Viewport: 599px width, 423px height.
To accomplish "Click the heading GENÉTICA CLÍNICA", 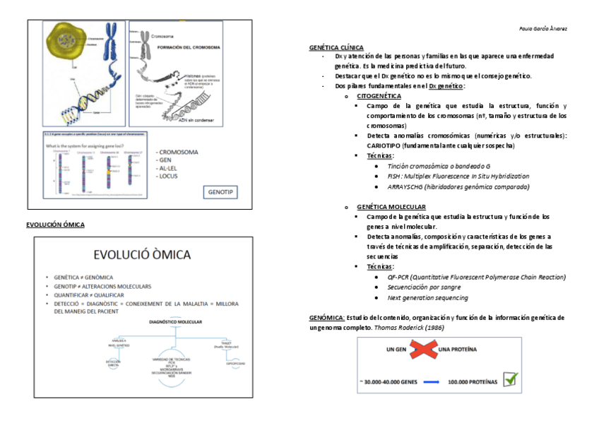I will (x=336, y=47).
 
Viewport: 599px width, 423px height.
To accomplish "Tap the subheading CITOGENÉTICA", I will (x=379, y=95).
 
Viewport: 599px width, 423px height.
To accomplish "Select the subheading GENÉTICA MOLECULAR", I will (x=391, y=207).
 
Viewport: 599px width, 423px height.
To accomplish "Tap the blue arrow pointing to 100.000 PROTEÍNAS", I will (x=430, y=382).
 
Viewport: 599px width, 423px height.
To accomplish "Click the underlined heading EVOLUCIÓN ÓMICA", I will (x=55, y=225).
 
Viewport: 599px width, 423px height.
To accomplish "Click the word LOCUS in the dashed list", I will (x=169, y=176).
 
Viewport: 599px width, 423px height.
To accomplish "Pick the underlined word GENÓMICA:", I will (x=327, y=318).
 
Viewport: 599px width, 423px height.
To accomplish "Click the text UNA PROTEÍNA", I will (x=457, y=349).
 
